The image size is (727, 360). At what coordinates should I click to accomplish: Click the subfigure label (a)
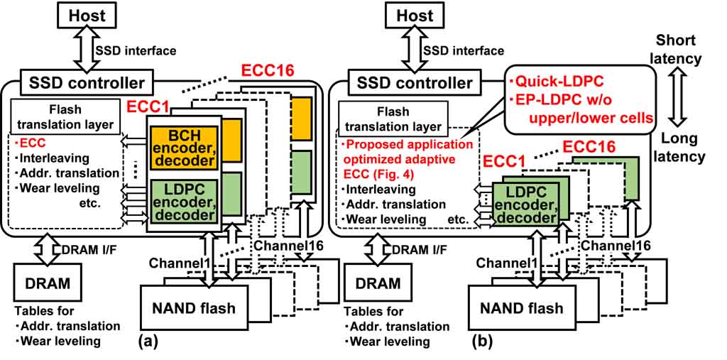pyautogui.click(x=146, y=341)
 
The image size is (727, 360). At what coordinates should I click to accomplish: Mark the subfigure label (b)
pyautogui.click(x=483, y=341)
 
